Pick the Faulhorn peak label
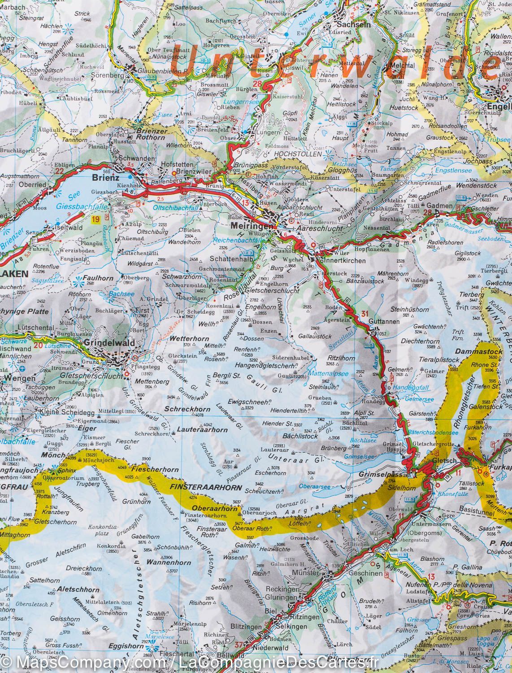[97, 277]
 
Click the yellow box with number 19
[95, 219]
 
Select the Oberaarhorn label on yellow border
[208, 508]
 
